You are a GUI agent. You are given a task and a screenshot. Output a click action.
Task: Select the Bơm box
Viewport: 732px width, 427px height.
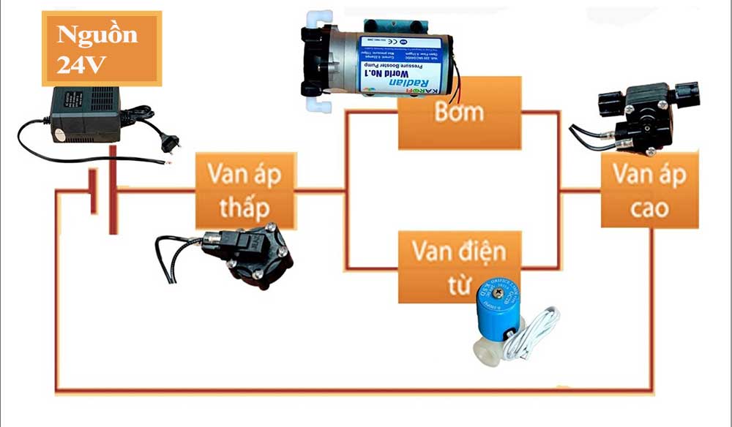[x=459, y=113]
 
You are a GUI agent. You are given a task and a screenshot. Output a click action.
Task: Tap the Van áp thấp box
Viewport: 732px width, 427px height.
[x=245, y=190]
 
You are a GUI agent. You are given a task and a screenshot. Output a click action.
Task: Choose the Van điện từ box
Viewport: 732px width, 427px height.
[x=458, y=266]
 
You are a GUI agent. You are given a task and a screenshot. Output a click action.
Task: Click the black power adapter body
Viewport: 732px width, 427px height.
[x=83, y=113]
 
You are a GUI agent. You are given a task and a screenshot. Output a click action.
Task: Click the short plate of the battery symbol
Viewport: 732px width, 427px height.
[x=93, y=192]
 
